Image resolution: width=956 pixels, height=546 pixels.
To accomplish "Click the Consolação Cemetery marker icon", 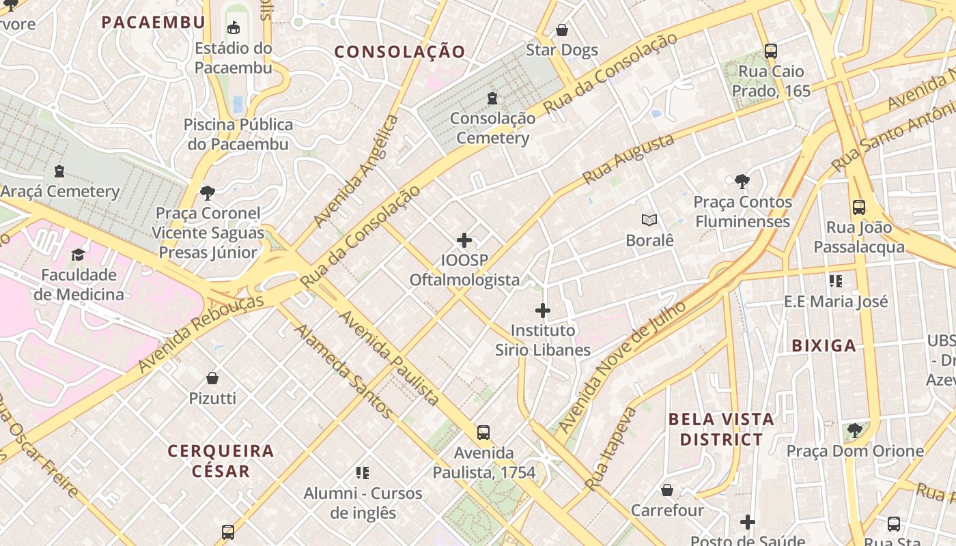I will pos(492,98).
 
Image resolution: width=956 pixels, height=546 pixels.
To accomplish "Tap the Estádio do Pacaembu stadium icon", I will pos(234,28).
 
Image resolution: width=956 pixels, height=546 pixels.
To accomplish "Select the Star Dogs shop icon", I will pos(562,30).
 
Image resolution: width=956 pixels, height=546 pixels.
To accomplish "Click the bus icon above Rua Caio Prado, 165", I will pos(771,51).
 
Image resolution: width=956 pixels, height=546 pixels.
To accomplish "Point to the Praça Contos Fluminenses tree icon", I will pos(742,182).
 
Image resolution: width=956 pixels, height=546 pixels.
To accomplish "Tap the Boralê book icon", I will pos(649,220).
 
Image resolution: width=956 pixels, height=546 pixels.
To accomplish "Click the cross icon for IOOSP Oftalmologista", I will pos(464,240).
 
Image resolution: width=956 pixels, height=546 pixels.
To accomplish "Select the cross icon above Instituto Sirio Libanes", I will pos(543,311).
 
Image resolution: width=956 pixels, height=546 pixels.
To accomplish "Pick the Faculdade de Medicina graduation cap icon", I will pos(79,255).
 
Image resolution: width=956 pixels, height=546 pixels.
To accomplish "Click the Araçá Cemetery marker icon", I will pos(59,171).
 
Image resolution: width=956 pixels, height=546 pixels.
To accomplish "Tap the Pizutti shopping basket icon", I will pos(212,378).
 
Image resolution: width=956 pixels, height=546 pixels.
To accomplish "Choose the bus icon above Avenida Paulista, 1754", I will pos(483,433).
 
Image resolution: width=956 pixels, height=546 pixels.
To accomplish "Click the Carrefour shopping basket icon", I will pos(667,491).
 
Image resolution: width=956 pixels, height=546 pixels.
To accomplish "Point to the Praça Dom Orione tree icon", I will pos(854,431).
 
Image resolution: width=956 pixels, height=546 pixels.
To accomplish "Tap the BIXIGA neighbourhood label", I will pos(824,346).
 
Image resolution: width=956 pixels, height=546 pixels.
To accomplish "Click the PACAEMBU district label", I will pos(153,23).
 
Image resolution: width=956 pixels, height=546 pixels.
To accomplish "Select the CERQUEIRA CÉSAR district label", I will pos(221,461).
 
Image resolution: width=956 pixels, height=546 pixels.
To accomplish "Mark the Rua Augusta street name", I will pos(628,159).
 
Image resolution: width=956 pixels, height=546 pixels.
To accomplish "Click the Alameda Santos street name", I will pos(343,371).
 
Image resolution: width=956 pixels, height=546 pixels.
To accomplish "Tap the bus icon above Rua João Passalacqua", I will pos(859,207).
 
